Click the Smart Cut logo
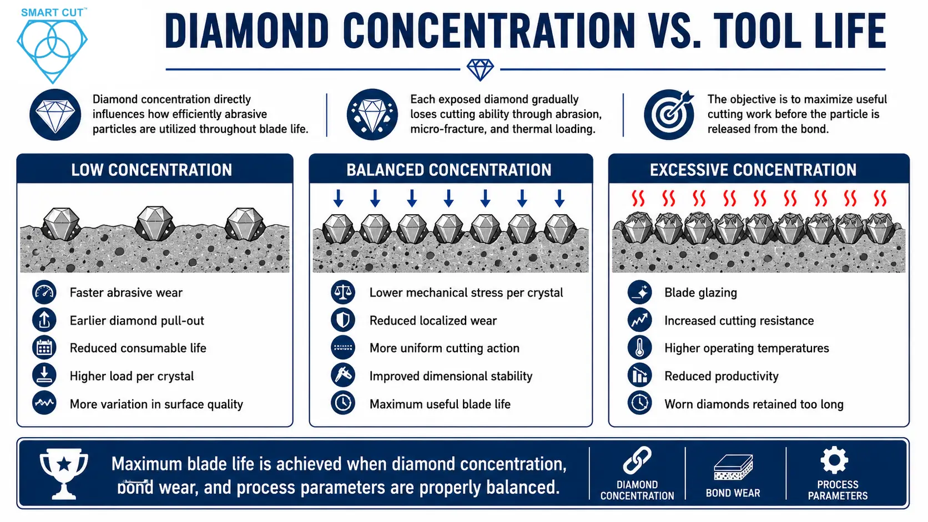click(x=52, y=45)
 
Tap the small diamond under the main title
click(x=480, y=69)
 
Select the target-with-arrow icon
click(x=669, y=114)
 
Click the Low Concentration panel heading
click(x=151, y=170)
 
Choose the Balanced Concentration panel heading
click(x=448, y=170)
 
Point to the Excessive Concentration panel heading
click(x=753, y=170)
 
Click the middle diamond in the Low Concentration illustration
click(x=155, y=223)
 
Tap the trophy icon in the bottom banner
click(x=64, y=474)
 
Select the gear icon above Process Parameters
click(x=834, y=460)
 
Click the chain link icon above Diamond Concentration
click(x=637, y=460)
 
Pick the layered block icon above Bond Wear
click(x=733, y=467)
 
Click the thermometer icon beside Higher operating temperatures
click(x=639, y=348)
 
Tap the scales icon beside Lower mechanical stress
click(x=343, y=292)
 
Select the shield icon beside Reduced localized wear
click(x=343, y=320)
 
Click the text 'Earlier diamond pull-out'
click(x=137, y=321)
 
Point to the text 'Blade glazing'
click(x=700, y=293)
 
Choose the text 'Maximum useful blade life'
click(x=440, y=404)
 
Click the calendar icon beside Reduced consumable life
click(x=44, y=348)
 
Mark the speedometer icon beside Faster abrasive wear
click(x=44, y=292)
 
